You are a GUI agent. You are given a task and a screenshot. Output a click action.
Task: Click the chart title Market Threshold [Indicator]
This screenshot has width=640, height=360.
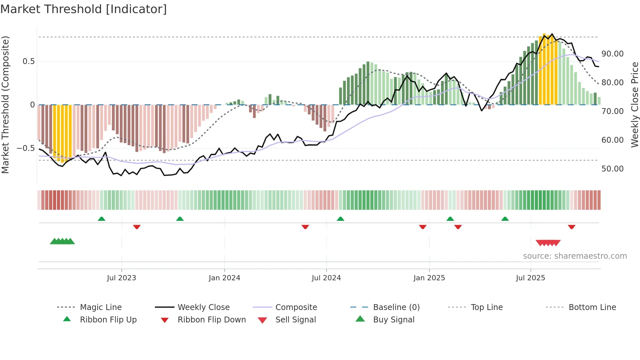tap(84, 9)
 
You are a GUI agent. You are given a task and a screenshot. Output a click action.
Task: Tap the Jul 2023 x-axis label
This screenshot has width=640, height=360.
tap(121, 278)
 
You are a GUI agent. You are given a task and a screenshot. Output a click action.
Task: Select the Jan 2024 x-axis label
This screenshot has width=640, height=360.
tap(224, 278)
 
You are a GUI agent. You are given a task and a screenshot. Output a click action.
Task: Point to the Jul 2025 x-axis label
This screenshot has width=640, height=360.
tap(530, 278)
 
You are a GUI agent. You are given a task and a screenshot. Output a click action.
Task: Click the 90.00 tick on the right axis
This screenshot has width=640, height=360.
tap(612, 54)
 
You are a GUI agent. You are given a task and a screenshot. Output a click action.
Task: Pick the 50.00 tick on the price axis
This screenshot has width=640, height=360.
tap(612, 169)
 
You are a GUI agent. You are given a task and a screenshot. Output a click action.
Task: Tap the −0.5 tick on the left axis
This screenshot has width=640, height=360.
tap(25, 148)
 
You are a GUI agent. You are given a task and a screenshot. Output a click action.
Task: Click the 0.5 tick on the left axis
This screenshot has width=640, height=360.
tap(28, 61)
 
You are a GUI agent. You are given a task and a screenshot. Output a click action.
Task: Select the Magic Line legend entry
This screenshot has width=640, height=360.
tap(101, 307)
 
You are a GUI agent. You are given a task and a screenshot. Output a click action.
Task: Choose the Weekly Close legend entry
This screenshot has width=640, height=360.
tap(203, 307)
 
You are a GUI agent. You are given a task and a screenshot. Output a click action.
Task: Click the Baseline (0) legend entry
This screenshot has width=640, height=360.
tap(396, 307)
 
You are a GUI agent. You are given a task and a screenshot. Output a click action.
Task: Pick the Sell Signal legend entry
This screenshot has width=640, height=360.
tap(296, 320)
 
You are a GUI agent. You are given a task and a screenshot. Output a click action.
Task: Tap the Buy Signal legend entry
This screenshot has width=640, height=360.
tap(393, 320)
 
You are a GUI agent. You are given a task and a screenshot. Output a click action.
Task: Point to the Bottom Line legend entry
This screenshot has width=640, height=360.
tap(592, 307)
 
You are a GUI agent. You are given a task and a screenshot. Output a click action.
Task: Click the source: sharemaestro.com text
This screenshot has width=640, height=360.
tap(575, 256)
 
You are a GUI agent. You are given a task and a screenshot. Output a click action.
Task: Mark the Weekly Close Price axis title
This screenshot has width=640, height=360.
tap(634, 105)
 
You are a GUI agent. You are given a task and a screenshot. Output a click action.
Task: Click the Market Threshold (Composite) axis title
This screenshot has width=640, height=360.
tap(5, 105)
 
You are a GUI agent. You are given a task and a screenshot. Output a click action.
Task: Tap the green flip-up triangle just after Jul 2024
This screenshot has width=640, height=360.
tap(341, 219)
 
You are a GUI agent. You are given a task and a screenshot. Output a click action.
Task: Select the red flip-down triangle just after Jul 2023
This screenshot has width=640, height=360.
tap(137, 227)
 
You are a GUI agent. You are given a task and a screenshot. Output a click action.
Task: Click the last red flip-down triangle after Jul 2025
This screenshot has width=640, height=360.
tap(571, 227)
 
